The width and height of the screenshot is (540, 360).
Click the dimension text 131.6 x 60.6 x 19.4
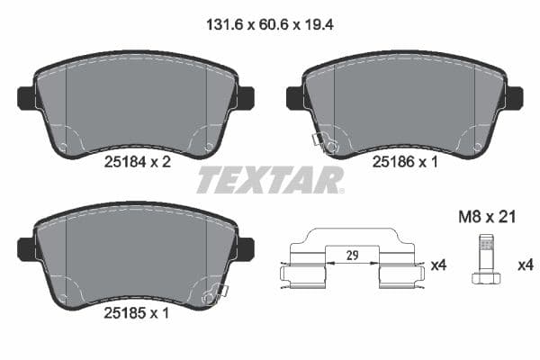coord(270,28)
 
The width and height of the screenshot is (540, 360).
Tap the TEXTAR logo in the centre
coord(270,179)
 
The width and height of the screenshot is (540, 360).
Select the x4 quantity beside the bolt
coord(523,265)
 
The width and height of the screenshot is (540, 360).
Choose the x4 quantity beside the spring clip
coord(438,265)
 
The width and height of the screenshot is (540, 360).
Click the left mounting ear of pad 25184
coord(25,97)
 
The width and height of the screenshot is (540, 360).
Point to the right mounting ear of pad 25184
coord(245,97)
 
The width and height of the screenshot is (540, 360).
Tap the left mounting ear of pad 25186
coord(293,97)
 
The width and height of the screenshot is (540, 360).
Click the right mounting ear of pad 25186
coord(514,97)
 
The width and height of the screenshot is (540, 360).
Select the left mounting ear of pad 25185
coord(25,249)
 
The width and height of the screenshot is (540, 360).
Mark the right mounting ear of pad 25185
coord(245,249)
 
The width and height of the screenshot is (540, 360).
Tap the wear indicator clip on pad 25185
coord(216,293)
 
